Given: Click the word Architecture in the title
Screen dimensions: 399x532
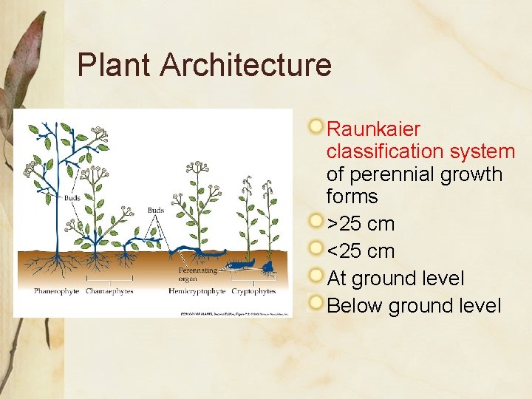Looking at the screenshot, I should (x=245, y=65).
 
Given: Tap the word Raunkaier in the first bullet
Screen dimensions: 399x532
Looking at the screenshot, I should (x=373, y=129).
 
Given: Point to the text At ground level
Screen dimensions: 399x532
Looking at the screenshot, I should (x=395, y=279).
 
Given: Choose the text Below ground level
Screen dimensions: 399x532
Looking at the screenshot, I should (x=414, y=306).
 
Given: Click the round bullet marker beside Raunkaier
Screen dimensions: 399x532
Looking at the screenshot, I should (x=316, y=127).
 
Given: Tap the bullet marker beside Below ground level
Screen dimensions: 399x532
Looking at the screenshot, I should (x=316, y=303).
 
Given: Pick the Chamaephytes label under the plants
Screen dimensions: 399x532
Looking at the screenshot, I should (x=110, y=292).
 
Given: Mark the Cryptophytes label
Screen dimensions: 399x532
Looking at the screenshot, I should (x=253, y=292).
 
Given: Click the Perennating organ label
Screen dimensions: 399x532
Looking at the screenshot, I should (x=197, y=275).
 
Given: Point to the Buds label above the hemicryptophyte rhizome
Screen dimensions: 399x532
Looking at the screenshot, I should (x=155, y=211).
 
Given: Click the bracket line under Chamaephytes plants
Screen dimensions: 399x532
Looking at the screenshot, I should (x=110, y=279).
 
